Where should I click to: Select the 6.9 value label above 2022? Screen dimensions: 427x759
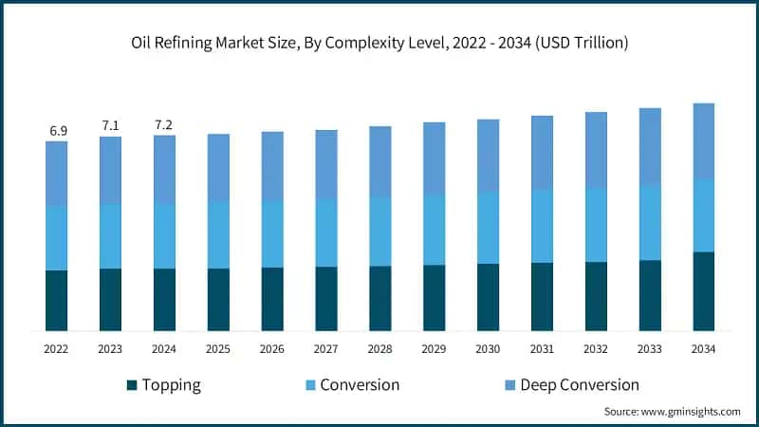[x=57, y=131]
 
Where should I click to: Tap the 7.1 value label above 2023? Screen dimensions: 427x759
[x=111, y=125]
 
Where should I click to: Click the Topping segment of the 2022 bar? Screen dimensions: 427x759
[x=57, y=300]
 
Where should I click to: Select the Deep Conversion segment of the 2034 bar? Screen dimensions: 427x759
[x=703, y=140]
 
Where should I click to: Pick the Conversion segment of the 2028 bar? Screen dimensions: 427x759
[x=379, y=232]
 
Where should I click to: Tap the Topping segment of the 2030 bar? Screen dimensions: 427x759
[x=488, y=297]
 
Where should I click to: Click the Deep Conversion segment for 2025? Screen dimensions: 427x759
[x=218, y=167]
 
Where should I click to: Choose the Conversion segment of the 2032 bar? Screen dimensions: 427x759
[x=596, y=225]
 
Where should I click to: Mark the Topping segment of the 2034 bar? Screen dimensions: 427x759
[x=703, y=290]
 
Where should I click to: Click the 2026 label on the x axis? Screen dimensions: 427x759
[x=272, y=349]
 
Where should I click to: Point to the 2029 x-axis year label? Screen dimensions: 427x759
[x=434, y=349]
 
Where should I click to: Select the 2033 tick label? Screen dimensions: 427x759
[x=649, y=349]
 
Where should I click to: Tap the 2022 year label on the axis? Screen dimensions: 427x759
[x=57, y=349]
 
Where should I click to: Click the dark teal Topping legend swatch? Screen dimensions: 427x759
[x=132, y=385]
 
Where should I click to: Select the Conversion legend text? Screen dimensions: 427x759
[x=360, y=385]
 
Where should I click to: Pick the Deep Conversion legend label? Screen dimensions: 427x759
[x=572, y=385]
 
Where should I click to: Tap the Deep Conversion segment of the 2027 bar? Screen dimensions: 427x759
[x=326, y=164]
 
